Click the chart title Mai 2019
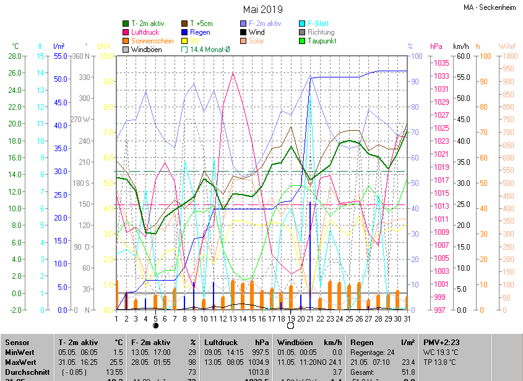pos(262,9)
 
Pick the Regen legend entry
pos(199,32)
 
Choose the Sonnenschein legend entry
pos(152,41)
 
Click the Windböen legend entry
pos(147,50)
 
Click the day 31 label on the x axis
pos(407,318)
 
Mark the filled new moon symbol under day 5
pos(155,325)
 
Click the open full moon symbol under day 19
pos(291,325)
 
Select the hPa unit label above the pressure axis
pos(436,46)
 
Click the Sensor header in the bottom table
pos(17,342)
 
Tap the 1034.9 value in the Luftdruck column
pos(259,362)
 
